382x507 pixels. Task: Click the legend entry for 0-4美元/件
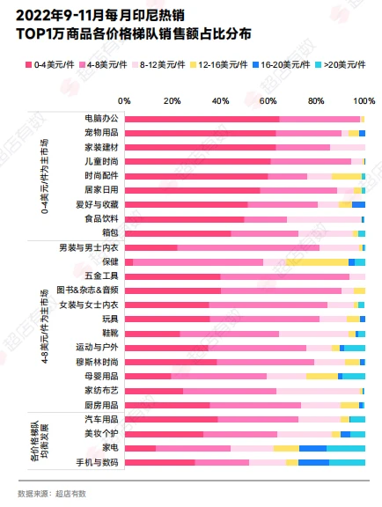(50, 64)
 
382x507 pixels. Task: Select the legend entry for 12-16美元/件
(219, 64)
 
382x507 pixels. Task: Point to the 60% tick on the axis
(268, 101)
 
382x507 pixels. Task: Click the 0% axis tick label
(124, 101)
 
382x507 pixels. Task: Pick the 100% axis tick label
(364, 101)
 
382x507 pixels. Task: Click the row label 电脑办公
(101, 118)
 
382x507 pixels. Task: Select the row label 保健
(110, 261)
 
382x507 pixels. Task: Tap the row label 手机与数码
(97, 462)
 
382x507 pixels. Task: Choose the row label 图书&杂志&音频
(87, 290)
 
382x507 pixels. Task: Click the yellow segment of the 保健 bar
(318, 262)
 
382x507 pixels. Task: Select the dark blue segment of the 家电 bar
(312, 448)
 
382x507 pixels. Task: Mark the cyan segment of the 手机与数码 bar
(347, 462)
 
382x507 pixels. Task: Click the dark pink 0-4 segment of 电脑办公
(202, 119)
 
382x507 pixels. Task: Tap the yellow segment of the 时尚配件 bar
(347, 176)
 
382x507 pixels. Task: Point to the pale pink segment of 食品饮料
(324, 219)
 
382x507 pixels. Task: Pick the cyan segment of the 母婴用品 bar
(354, 376)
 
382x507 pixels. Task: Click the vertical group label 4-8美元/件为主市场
(45, 326)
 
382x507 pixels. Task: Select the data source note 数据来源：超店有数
(52, 494)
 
